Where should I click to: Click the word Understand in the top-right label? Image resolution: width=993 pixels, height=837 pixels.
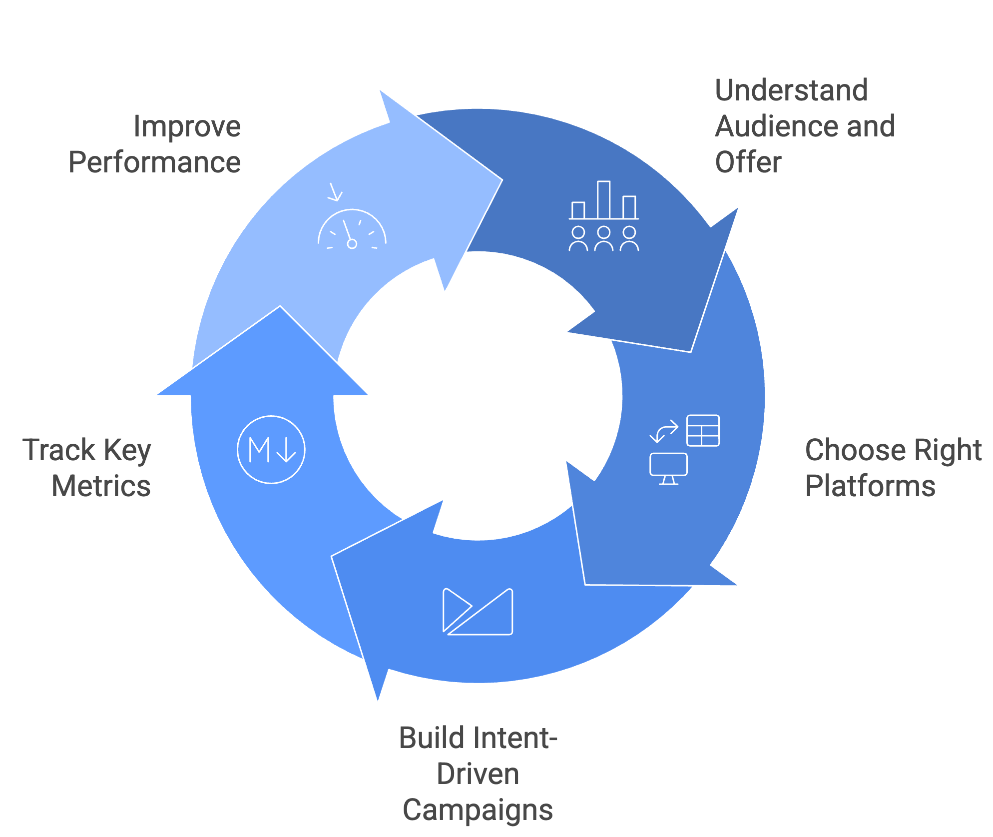pyautogui.click(x=791, y=91)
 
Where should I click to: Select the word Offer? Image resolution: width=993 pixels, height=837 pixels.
pyautogui.click(x=748, y=162)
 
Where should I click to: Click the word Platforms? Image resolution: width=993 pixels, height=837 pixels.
pyautogui.click(x=870, y=486)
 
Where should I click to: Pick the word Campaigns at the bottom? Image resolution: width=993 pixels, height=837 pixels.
pyautogui.click(x=478, y=810)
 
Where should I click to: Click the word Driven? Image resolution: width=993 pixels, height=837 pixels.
pyautogui.click(x=478, y=774)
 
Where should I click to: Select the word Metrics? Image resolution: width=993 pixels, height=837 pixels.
pyautogui.click(x=101, y=486)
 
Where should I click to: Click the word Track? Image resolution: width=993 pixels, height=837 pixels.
pyautogui.click(x=59, y=450)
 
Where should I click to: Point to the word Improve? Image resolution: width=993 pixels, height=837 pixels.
pyautogui.click(x=187, y=126)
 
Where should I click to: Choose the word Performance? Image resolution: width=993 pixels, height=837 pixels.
pyautogui.click(x=155, y=162)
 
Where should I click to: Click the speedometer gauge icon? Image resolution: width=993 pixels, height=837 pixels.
pyautogui.click(x=352, y=230)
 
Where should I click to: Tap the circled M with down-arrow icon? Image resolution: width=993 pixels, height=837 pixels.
pyautogui.click(x=271, y=450)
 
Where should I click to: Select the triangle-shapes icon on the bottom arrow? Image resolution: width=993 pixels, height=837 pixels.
pyautogui.click(x=478, y=612)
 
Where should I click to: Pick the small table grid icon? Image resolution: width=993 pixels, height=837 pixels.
pyautogui.click(x=703, y=430)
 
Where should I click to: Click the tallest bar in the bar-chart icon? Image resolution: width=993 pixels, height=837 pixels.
pyautogui.click(x=603, y=200)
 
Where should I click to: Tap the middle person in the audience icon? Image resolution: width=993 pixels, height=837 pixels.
pyautogui.click(x=603, y=238)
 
